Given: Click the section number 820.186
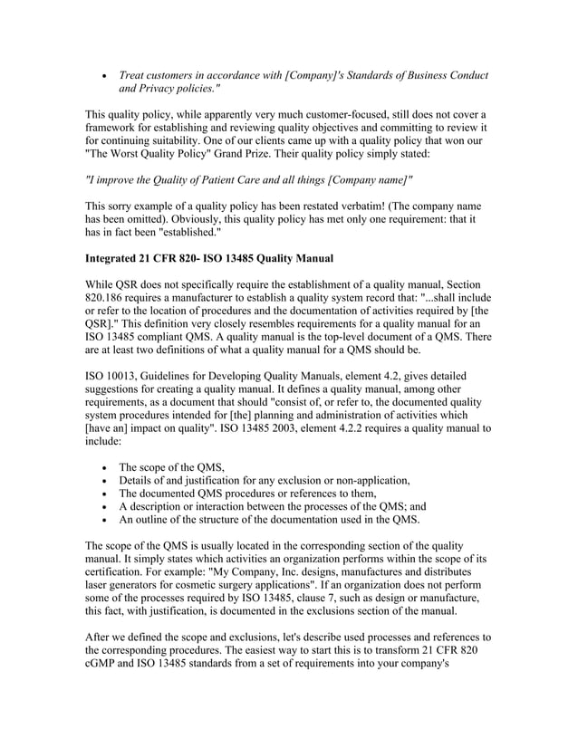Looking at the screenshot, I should pos(109,296).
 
